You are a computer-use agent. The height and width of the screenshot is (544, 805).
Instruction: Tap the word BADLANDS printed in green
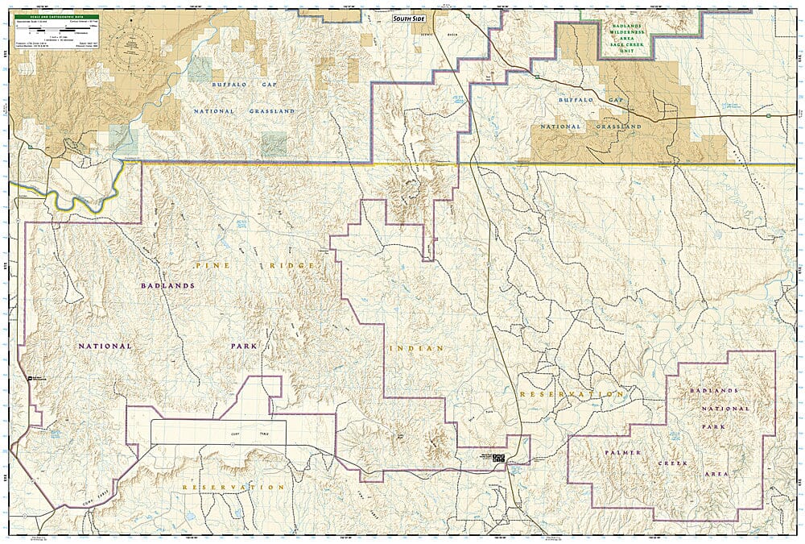pyautogui.click(x=627, y=26)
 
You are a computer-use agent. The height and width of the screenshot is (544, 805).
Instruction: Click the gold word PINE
pyautogui.click(x=202, y=264)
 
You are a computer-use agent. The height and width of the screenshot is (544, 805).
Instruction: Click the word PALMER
pyautogui.click(x=622, y=453)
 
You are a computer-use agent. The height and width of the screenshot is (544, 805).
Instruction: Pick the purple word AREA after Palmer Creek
pyautogui.click(x=714, y=475)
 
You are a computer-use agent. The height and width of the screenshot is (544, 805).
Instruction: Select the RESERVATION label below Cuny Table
pyautogui.click(x=233, y=488)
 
